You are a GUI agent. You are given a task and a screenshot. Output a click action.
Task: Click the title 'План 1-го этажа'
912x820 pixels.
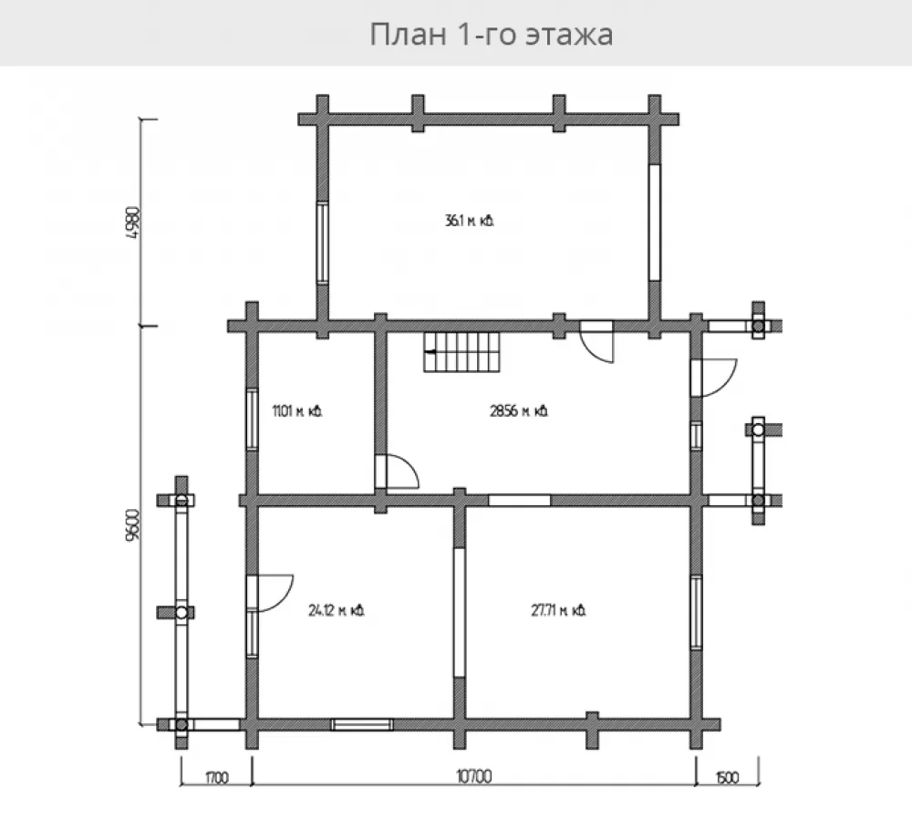pos(491,34)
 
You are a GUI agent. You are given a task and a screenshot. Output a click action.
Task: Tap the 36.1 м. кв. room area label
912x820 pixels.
pos(470,221)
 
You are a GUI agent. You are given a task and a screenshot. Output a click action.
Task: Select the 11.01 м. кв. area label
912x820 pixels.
pos(297,411)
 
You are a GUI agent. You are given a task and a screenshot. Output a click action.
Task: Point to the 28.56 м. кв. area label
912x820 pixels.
pos(519,411)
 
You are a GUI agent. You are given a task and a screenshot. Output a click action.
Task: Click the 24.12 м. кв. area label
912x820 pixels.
pos(337,610)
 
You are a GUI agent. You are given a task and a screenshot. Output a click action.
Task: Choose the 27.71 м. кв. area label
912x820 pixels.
pos(558,610)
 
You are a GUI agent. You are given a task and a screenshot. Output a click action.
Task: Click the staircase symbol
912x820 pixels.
pos(461,352)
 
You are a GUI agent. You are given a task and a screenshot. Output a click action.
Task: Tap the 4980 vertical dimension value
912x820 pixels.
pos(133,223)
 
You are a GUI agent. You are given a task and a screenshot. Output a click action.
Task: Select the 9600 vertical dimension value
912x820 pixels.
pos(133,524)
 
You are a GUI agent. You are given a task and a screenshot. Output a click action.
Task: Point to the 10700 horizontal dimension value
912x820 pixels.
pos(474,776)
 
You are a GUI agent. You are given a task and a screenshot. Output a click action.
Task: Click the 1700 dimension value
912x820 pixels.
pos(216,777)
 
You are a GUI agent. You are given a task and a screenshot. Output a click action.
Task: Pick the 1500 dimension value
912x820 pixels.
pos(727,777)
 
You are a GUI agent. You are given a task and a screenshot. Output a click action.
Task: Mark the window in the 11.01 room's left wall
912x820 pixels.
pos(252,419)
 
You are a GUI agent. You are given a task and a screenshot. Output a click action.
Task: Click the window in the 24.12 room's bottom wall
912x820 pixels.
pos(362,724)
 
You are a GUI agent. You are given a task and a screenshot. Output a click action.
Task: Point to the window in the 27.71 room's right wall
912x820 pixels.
pos(696,612)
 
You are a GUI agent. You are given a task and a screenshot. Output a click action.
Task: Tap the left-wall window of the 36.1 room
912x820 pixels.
pos(322,242)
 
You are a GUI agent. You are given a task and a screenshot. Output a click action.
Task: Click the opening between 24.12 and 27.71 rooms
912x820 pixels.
pos(460,612)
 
